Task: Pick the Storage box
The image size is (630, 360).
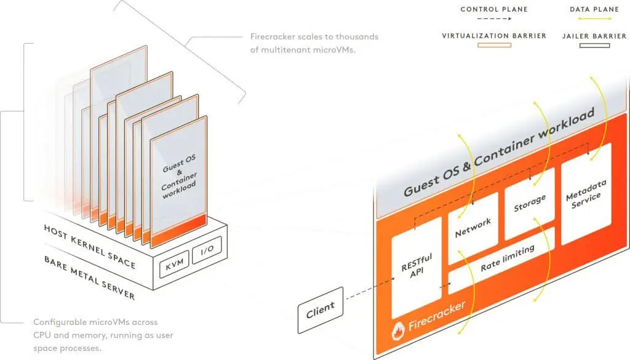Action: point(530,203)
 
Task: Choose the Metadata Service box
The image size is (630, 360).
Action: point(586,193)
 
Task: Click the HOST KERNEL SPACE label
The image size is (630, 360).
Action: point(89,246)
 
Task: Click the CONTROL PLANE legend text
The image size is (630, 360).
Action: point(493,9)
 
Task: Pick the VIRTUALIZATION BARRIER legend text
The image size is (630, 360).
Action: point(493,36)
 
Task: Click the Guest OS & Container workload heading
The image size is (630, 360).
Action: point(498,154)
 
